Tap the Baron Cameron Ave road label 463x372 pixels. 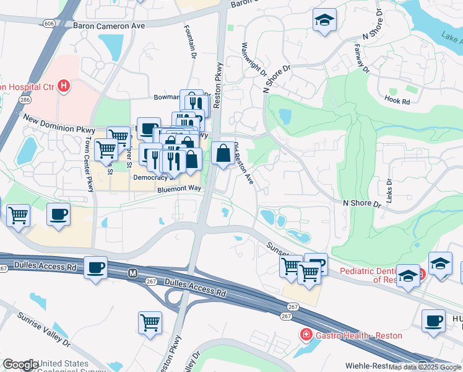point(108,26)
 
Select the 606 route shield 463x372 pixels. point(48,22)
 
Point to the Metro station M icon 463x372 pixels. point(132,273)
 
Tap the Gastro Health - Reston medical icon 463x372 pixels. point(305,335)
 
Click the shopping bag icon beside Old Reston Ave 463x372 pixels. point(222,152)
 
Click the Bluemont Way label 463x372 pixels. point(180,188)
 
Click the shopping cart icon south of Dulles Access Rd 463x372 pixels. point(150,322)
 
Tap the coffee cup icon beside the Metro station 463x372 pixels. point(95,267)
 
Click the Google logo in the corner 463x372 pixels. point(20,365)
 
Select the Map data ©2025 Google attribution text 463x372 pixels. point(425,367)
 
